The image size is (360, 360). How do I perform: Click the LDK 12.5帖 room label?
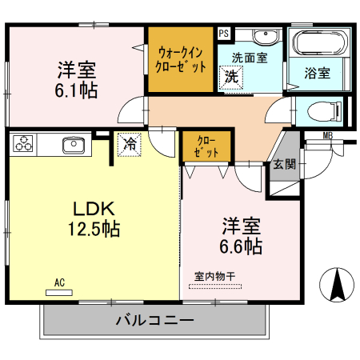(x=94, y=218)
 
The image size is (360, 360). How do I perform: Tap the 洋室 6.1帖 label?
(x=77, y=78)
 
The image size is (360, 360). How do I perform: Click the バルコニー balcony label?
(x=154, y=321)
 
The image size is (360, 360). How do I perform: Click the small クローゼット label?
(x=205, y=146)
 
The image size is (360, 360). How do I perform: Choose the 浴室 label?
(x=317, y=73)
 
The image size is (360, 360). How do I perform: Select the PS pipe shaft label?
(x=223, y=34)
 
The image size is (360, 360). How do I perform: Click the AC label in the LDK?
(x=59, y=282)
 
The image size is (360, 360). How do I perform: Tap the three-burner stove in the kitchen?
(x=23, y=144)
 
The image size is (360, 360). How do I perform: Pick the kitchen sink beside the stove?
(x=73, y=144)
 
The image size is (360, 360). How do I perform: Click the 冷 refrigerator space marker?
(x=128, y=144)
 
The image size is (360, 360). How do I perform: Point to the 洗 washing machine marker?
(x=230, y=78)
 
